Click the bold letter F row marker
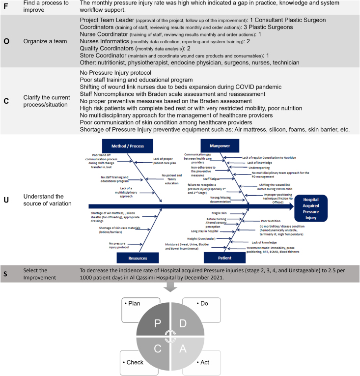click(6, 6)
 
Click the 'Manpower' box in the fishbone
click(219, 145)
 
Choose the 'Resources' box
click(138, 257)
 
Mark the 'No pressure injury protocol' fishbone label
click(118, 244)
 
